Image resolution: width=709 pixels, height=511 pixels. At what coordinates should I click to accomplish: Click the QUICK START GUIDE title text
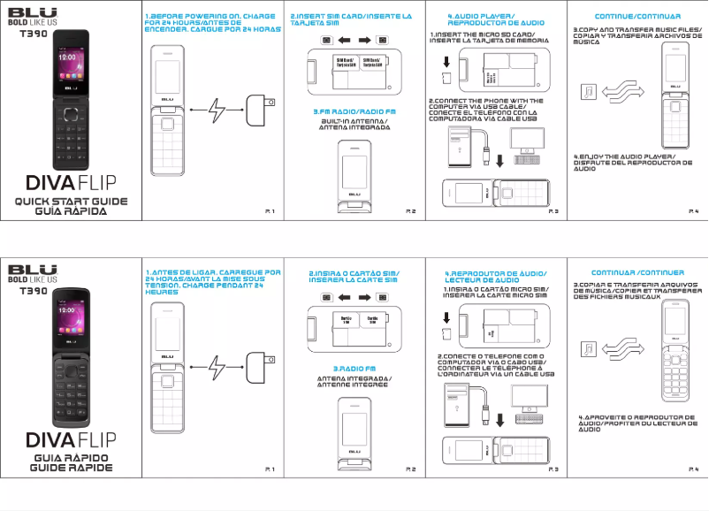(70, 202)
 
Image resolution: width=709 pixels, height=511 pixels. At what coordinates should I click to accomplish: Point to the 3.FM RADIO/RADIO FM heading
(354, 111)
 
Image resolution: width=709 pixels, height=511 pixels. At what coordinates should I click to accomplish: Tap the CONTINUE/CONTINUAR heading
(637, 17)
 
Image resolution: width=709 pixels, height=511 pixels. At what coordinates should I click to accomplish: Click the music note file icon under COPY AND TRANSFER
(590, 91)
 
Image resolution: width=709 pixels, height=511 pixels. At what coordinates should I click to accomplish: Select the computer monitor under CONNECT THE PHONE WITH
(528, 141)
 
